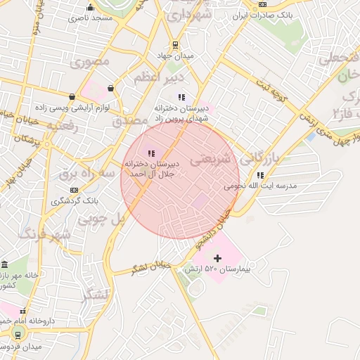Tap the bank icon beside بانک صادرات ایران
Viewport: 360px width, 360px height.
tap(263, 4)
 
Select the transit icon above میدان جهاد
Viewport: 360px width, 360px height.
tap(175, 44)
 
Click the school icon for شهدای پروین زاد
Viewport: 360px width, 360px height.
tap(182, 97)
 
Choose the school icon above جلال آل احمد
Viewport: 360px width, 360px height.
tap(150, 153)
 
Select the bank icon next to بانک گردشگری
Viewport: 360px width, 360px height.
tap(74, 190)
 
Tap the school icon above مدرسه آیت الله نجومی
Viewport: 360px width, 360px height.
tap(260, 175)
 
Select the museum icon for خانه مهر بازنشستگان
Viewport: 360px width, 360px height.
tap(5, 265)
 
